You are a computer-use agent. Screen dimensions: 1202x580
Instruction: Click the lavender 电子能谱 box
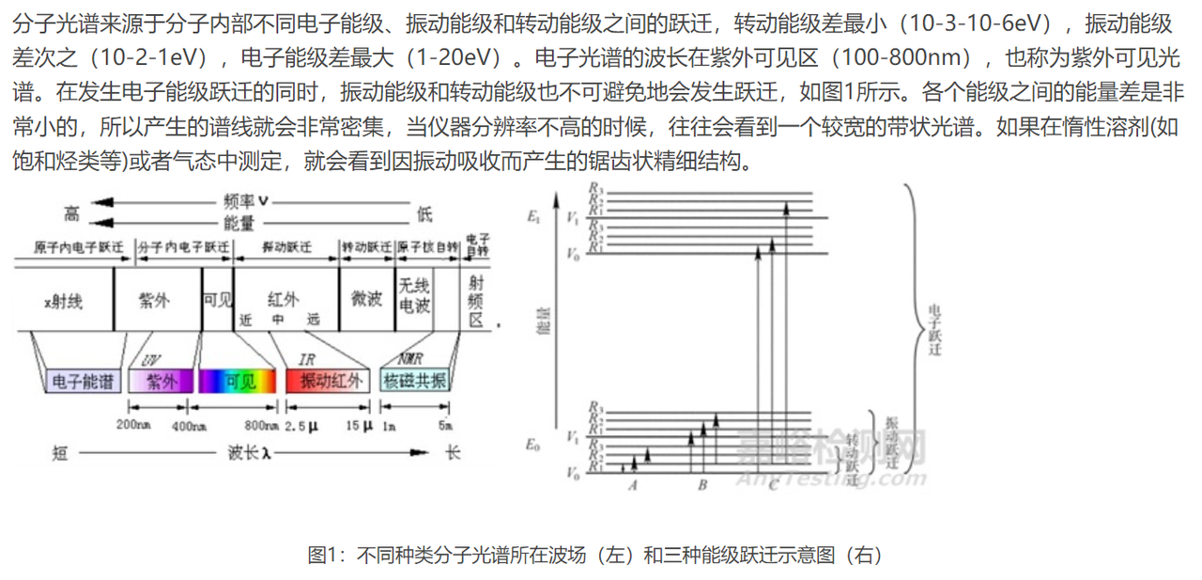pos(81,381)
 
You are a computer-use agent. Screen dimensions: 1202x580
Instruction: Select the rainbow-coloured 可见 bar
pos(239,381)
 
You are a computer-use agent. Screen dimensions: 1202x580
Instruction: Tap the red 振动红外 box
pos(329,381)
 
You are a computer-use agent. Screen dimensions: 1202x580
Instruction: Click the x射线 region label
pos(63,301)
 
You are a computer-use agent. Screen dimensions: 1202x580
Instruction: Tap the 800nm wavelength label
pos(258,425)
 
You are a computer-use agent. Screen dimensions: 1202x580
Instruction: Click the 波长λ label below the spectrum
pos(249,452)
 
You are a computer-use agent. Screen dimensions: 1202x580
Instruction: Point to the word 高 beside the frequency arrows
pos(71,213)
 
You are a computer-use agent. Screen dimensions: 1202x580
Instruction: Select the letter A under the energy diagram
pos(633,485)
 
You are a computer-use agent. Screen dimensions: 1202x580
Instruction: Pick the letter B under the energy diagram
pos(701,485)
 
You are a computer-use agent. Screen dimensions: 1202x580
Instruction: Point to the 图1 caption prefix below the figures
pos(324,555)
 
